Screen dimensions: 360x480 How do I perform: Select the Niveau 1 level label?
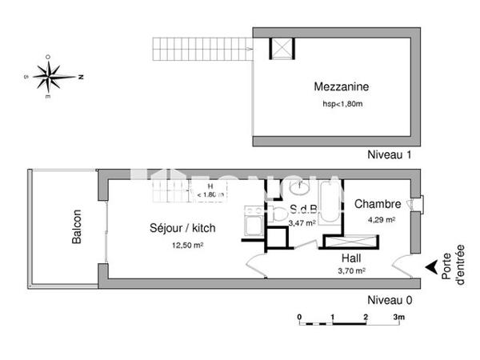[390, 154]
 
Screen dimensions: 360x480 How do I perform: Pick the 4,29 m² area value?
[381, 220]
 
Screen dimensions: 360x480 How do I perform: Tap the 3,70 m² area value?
[352, 271]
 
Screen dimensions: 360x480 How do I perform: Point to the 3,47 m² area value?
[302, 224]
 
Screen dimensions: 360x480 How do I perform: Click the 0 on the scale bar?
[299, 318]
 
